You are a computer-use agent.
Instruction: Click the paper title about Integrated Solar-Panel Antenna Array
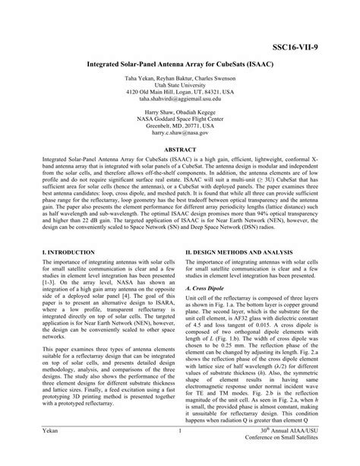(x=180, y=57)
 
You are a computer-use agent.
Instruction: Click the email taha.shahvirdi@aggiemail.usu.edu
(x=180, y=98)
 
